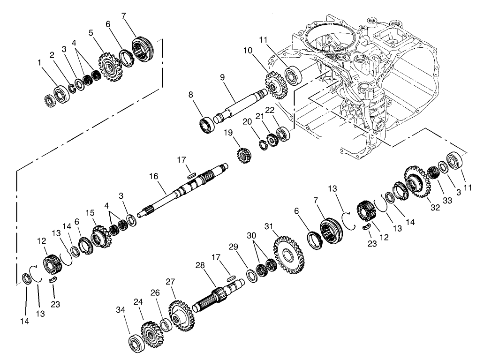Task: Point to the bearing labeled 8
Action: point(206,126)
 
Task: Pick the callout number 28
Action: point(200,266)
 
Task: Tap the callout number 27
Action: point(170,282)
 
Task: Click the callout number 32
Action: point(435,208)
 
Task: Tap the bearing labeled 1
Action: point(61,93)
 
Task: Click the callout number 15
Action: point(90,213)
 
